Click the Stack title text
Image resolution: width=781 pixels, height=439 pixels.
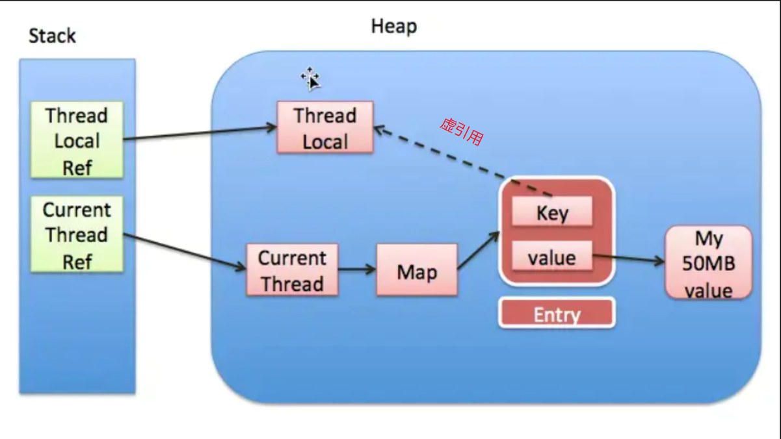tap(52, 36)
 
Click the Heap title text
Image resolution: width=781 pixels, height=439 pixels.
tap(394, 27)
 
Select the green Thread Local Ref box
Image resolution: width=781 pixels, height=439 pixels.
tap(77, 140)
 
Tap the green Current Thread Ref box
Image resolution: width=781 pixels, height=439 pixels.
tap(77, 234)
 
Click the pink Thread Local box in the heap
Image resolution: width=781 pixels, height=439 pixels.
tap(325, 127)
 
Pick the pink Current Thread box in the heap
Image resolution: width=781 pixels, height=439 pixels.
tap(292, 270)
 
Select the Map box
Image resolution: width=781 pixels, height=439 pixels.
tap(417, 270)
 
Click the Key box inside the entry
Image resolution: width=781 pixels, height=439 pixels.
tap(552, 211)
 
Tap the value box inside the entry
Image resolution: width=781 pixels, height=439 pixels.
tap(552, 256)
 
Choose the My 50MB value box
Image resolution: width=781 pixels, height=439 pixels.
tap(708, 262)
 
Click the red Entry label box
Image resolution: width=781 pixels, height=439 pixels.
tap(557, 312)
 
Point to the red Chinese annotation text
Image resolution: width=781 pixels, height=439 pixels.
tap(462, 132)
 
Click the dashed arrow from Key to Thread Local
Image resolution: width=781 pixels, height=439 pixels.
tap(463, 161)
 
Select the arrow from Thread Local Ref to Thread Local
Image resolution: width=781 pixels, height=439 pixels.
tap(200, 133)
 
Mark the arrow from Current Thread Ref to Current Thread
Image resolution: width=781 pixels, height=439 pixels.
tap(185, 251)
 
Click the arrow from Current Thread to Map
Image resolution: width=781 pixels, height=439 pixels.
tap(358, 269)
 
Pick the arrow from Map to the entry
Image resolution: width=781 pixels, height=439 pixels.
tap(479, 250)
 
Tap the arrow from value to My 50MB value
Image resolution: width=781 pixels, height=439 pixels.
tap(629, 258)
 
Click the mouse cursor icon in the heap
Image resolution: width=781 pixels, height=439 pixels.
tap(310, 79)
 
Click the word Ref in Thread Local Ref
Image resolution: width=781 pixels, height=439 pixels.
tap(77, 168)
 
